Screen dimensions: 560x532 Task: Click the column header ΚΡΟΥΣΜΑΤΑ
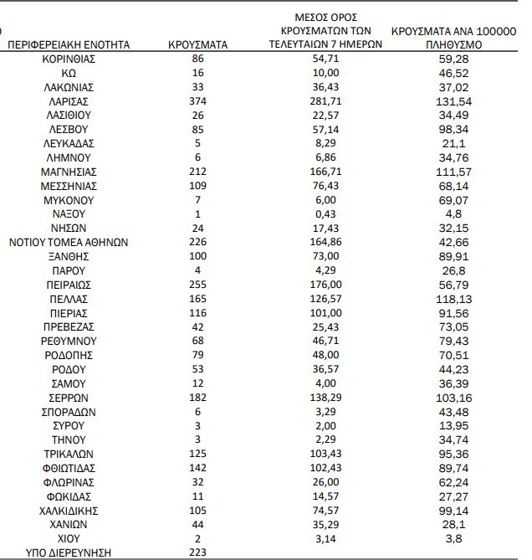tap(198, 44)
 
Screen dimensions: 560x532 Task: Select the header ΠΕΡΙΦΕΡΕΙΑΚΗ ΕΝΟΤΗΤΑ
tap(69, 44)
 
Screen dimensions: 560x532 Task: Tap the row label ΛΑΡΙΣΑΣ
tap(69, 100)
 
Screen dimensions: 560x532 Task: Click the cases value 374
tap(198, 100)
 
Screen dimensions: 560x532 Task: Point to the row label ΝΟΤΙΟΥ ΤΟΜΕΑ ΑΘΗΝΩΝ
tap(69, 243)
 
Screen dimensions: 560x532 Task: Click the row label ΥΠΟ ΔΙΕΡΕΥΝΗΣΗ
tap(69, 552)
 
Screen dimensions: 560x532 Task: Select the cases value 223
tap(198, 552)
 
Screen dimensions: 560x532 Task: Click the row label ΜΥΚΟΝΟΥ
tap(69, 200)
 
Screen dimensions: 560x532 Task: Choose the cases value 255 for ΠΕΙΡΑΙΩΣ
tap(198, 285)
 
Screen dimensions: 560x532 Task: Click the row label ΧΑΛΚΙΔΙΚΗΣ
tap(69, 510)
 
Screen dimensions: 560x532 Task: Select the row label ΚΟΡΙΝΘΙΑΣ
tap(69, 59)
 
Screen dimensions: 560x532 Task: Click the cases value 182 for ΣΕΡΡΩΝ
tap(198, 398)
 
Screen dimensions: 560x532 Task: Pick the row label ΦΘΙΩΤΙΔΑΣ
tap(69, 468)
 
